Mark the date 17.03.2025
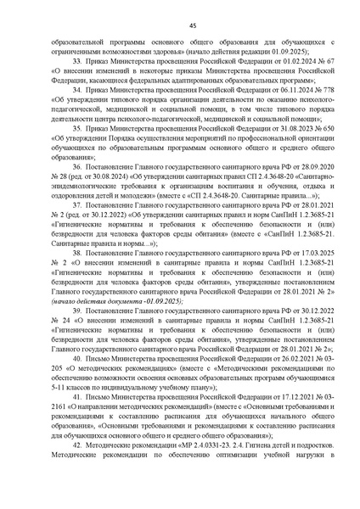click(294, 252)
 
